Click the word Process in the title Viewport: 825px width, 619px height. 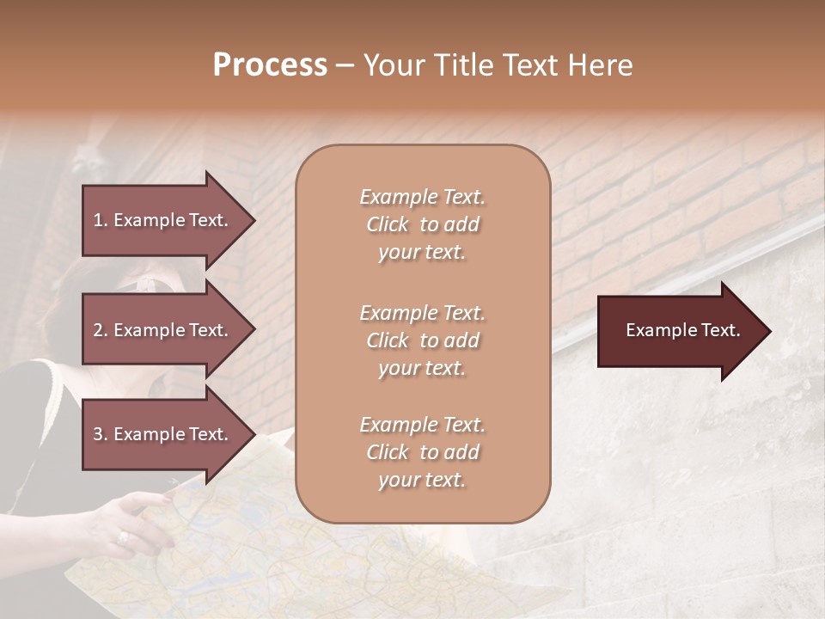tap(270, 65)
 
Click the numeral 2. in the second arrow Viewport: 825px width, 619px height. tap(101, 330)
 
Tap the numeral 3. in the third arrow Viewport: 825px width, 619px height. tap(101, 434)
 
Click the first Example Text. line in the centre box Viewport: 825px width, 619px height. tap(422, 197)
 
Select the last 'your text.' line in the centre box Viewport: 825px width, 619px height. tap(422, 480)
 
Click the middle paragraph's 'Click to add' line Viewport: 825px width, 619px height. tap(422, 340)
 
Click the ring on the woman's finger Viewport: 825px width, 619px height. tap(123, 537)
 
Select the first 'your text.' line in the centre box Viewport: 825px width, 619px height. tap(422, 252)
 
